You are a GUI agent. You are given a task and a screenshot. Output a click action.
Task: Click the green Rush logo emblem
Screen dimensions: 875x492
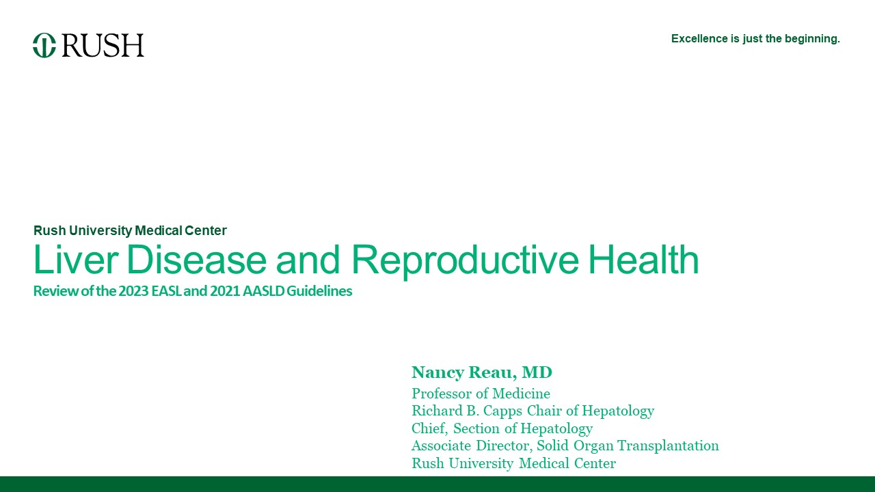(44, 45)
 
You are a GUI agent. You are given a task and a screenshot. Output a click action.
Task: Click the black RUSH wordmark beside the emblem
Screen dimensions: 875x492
(103, 45)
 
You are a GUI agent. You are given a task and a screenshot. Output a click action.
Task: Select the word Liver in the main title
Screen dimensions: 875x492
(76, 259)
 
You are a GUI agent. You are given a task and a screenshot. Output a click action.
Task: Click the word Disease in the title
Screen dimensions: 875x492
(196, 259)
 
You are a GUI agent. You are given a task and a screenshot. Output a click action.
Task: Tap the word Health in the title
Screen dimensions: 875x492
(643, 259)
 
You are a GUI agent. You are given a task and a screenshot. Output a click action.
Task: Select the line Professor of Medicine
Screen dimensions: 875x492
(481, 393)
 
